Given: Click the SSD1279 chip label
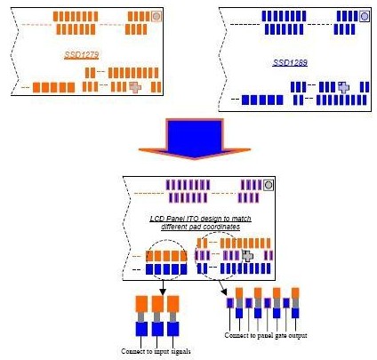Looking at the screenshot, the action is (x=82, y=55).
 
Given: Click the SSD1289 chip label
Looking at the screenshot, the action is (x=290, y=62).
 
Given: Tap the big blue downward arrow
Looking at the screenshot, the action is (x=195, y=139).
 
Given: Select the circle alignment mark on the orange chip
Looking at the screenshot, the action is (x=156, y=16).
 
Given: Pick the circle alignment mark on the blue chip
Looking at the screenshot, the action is (x=365, y=16).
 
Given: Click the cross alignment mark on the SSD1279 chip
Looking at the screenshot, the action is (x=135, y=87).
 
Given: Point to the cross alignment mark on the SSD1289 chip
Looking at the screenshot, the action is (x=343, y=87).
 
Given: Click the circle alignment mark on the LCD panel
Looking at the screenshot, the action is (x=269, y=185).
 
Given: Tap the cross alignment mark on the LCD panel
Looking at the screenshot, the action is (x=247, y=256).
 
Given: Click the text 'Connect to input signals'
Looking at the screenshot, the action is (x=156, y=351).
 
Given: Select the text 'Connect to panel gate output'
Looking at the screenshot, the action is (x=266, y=335).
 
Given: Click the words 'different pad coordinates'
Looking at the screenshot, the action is (x=201, y=227).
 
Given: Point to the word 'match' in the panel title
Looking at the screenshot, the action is (x=241, y=219).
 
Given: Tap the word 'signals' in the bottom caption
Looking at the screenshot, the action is (x=180, y=352).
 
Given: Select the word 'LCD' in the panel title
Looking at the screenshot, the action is (x=156, y=219).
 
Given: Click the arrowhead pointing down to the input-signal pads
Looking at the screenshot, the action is (x=163, y=292).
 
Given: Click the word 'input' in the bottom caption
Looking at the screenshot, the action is (x=162, y=352).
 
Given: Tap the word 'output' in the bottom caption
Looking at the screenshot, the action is (x=298, y=336).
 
